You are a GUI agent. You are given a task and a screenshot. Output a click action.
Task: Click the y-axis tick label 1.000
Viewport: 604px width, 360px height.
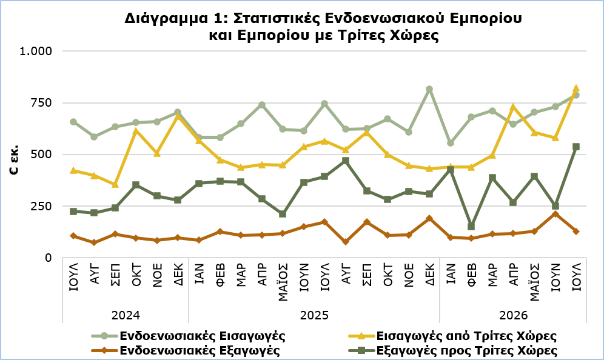click(35, 51)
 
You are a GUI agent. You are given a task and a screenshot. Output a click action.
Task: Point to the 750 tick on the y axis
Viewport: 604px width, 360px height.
click(41, 103)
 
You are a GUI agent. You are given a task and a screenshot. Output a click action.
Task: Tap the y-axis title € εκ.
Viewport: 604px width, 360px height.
click(15, 161)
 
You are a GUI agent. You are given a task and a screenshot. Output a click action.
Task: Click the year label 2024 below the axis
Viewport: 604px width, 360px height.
click(126, 316)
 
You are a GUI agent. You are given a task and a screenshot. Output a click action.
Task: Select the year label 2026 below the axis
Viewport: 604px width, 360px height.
click(513, 316)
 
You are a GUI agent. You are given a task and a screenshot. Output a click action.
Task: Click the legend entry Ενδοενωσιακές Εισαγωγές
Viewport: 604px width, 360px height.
click(189, 336)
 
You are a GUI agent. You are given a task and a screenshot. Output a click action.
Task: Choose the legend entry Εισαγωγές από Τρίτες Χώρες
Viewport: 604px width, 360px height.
click(452, 336)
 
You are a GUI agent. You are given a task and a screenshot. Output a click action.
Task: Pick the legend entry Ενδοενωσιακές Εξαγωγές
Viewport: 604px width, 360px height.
click(186, 351)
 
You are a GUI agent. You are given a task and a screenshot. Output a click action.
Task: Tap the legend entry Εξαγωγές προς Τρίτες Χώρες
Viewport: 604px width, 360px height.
click(453, 351)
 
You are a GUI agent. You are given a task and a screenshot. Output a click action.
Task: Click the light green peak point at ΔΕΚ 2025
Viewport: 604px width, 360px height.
click(429, 89)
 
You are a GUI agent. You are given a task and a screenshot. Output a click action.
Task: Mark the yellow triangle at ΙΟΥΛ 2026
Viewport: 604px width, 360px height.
click(576, 88)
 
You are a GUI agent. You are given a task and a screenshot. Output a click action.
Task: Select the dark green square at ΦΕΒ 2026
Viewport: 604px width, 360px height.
click(471, 227)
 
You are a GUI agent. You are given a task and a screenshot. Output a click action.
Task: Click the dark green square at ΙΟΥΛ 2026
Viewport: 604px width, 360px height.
click(576, 147)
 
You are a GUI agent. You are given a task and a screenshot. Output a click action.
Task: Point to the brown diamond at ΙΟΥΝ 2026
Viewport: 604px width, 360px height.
click(555, 214)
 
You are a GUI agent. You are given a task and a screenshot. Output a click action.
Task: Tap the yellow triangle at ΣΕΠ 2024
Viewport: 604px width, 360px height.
click(115, 184)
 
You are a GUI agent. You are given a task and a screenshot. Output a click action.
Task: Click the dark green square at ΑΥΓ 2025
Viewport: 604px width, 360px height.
click(346, 161)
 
